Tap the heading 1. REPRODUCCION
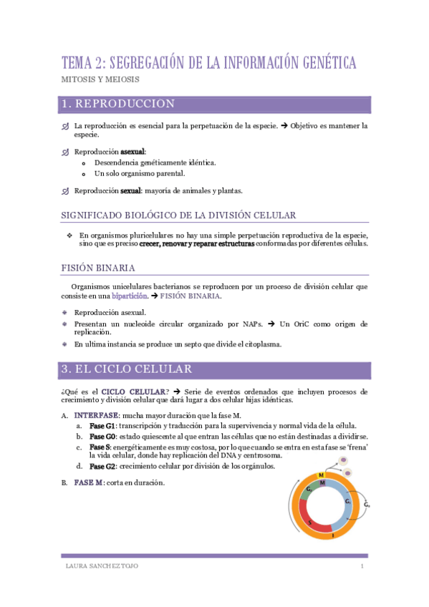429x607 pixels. click(x=117, y=105)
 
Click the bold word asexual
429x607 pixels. click(x=132, y=152)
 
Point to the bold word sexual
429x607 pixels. click(x=130, y=190)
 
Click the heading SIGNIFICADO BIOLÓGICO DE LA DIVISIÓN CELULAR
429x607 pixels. click(x=178, y=215)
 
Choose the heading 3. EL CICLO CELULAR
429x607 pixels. click(x=127, y=370)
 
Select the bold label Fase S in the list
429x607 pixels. click(x=100, y=447)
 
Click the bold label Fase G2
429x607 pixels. click(x=102, y=467)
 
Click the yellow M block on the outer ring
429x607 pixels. click(x=322, y=475)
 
